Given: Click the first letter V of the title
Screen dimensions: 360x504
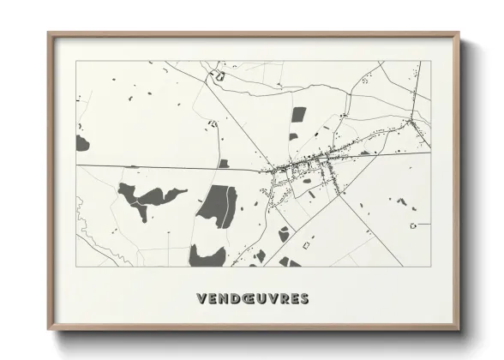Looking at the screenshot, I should tap(201, 299).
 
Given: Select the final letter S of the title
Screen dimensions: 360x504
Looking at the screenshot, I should tap(305, 299).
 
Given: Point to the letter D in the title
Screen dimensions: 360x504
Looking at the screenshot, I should tap(233, 299).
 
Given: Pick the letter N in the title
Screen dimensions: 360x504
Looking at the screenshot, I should tap(222, 299).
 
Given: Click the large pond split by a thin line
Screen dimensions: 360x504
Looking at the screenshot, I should tap(218, 207).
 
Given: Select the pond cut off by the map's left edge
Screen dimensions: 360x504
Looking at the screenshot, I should tap(81, 143).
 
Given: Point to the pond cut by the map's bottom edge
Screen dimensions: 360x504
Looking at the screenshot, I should tap(206, 256).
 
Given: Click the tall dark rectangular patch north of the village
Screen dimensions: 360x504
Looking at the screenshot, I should tap(298, 115).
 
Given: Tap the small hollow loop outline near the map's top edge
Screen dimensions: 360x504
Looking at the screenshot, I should tap(219, 77).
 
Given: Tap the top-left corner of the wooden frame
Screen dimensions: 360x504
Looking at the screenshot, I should tap(50, 34).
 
